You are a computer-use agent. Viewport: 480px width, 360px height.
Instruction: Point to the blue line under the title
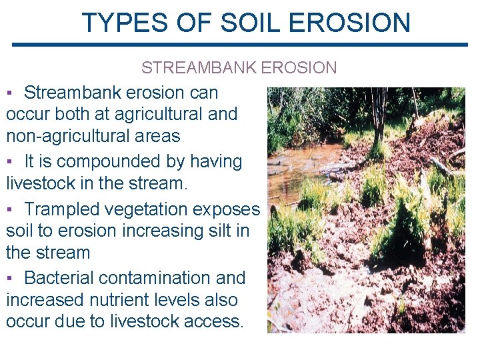[240, 45]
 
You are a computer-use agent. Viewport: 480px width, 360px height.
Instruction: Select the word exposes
[225, 210]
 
